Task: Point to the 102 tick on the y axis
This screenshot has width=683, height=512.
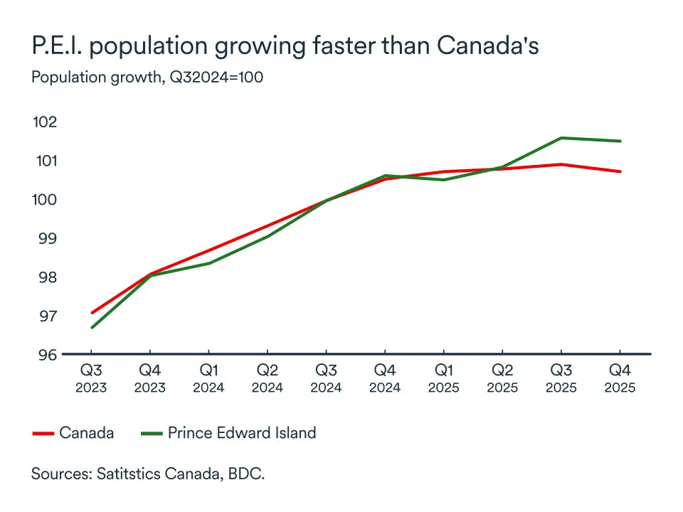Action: click(44, 122)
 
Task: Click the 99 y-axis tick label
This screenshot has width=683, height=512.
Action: click(46, 238)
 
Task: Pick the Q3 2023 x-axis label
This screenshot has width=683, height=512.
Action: click(90, 379)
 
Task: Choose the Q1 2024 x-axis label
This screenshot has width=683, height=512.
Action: click(208, 379)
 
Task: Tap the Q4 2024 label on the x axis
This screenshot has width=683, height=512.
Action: click(384, 379)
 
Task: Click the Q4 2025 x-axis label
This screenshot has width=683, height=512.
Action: click(619, 379)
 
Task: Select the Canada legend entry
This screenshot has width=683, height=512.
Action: click(86, 432)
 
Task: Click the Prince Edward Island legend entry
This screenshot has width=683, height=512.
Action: click(241, 432)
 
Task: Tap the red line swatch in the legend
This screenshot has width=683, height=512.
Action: click(43, 433)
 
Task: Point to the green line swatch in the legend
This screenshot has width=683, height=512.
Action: click(151, 433)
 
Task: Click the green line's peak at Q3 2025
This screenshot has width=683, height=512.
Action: click(561, 138)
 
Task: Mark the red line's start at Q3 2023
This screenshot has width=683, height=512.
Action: click(91, 313)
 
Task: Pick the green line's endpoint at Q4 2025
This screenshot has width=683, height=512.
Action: click(620, 141)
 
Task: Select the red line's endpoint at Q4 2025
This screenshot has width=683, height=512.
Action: click(620, 171)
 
